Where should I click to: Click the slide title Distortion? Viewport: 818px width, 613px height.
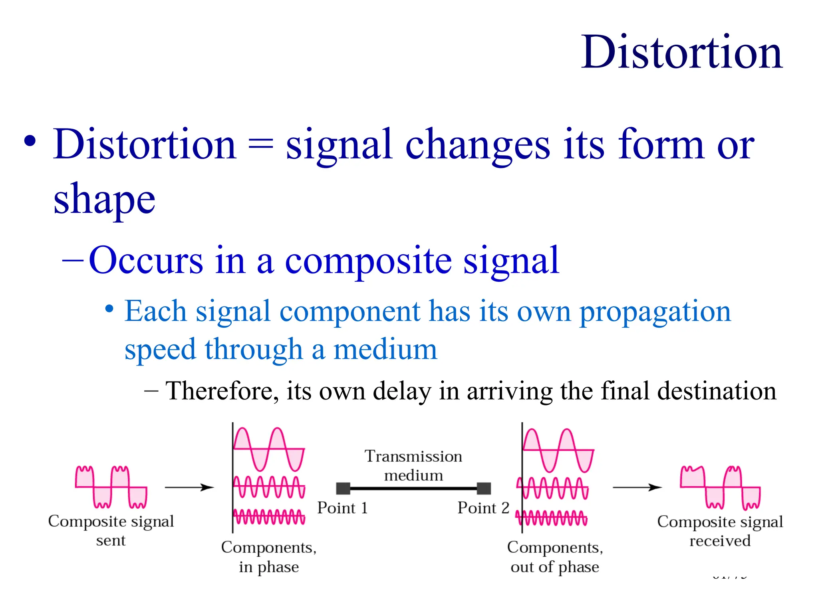pyautogui.click(x=681, y=53)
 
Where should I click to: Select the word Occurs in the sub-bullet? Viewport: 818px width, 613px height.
pyautogui.click(x=146, y=260)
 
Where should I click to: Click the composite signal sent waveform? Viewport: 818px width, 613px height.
pyautogui.click(x=111, y=487)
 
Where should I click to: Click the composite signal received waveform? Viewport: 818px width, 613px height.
pyautogui.click(x=720, y=488)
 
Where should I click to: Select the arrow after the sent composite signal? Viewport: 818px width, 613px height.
pyautogui.click(x=189, y=487)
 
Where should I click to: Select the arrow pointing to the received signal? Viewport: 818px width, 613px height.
pyautogui.click(x=637, y=487)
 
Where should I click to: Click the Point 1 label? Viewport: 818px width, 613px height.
pyautogui.click(x=342, y=508)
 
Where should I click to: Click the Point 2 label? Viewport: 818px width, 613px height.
pyautogui.click(x=483, y=508)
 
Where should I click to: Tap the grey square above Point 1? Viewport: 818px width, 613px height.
pyautogui.click(x=343, y=488)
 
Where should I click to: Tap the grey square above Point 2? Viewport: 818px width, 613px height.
pyautogui.click(x=484, y=488)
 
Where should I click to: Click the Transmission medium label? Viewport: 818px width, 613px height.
pyautogui.click(x=413, y=466)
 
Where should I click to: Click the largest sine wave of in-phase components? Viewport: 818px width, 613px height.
pyautogui.click(x=269, y=449)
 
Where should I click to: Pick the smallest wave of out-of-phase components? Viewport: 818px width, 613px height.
pyautogui.click(x=551, y=518)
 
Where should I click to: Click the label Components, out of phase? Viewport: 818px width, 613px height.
pyautogui.click(x=555, y=557)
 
